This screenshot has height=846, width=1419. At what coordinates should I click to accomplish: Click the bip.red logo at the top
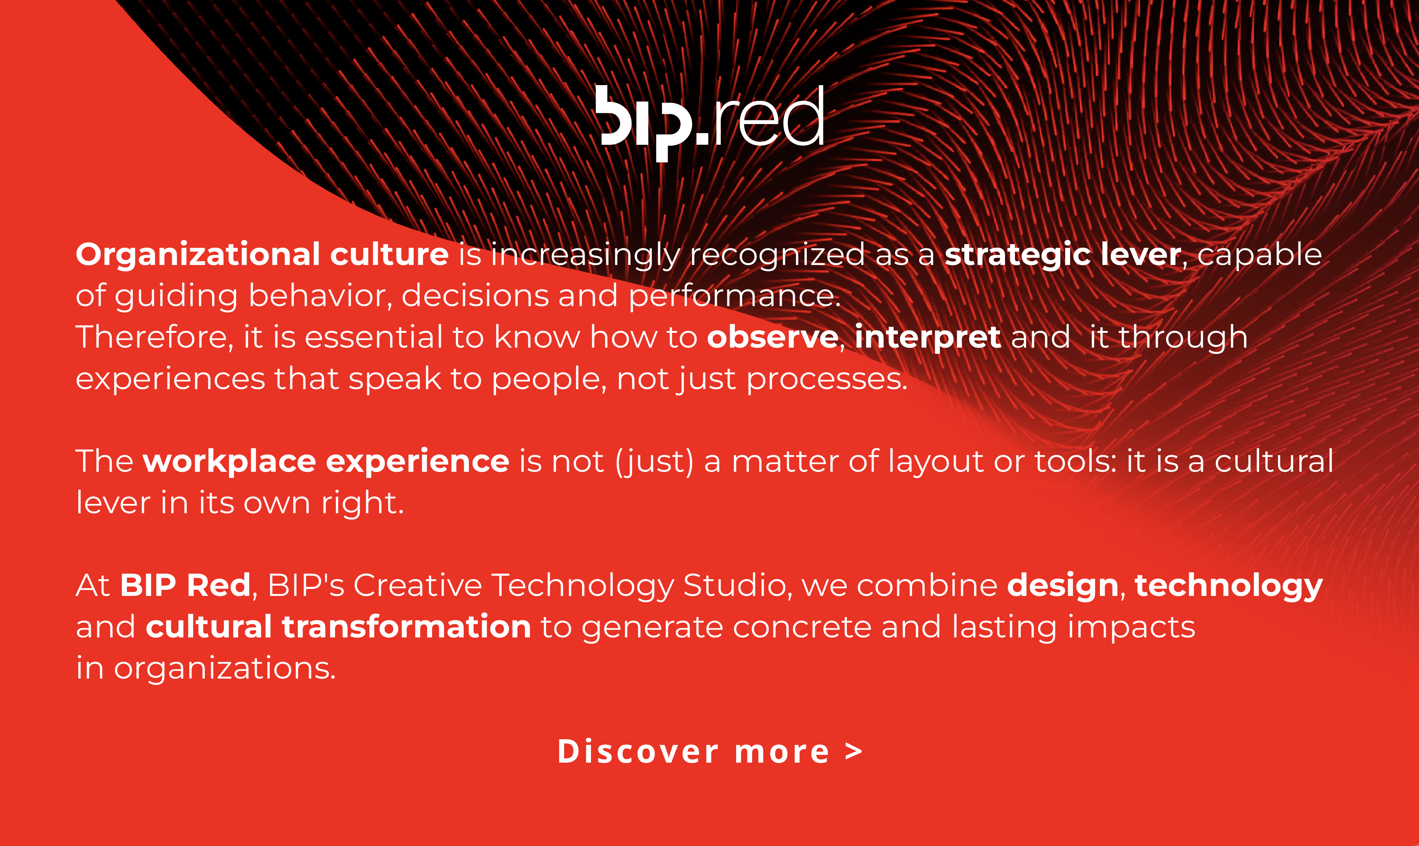(x=710, y=123)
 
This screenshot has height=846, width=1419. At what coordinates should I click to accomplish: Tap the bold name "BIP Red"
(x=185, y=585)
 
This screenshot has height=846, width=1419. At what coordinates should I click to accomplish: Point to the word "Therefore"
(x=152, y=337)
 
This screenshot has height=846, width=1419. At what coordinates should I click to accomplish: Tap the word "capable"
(x=1259, y=255)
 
